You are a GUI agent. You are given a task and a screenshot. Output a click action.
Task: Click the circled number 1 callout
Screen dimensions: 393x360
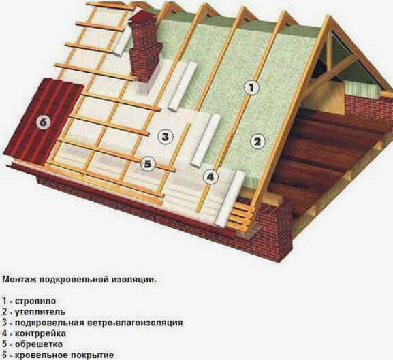(x=251, y=88)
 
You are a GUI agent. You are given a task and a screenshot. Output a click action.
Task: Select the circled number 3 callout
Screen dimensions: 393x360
(x=166, y=137)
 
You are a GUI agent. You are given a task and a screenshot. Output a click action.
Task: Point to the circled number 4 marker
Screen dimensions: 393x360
(x=210, y=177)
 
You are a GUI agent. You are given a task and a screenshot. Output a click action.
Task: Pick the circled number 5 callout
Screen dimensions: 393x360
(x=148, y=164)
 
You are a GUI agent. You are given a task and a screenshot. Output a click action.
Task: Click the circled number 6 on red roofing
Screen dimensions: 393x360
(x=43, y=122)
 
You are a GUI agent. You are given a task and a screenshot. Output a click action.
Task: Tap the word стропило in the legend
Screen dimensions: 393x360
(x=35, y=301)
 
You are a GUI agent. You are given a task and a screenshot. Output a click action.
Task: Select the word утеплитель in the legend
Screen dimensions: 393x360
(x=40, y=312)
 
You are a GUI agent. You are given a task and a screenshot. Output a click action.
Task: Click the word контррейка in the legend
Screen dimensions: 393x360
(x=41, y=333)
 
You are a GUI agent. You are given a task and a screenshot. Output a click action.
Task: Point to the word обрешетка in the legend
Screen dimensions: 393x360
(x=39, y=344)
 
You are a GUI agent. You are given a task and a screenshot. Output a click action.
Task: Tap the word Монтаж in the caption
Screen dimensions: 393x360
(x=19, y=279)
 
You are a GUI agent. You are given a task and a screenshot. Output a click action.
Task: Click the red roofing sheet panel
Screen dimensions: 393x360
(x=43, y=120)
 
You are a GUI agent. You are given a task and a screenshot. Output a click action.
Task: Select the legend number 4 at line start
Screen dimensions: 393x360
(x=5, y=333)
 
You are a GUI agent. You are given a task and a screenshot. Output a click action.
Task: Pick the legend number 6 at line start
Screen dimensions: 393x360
(x=5, y=355)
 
